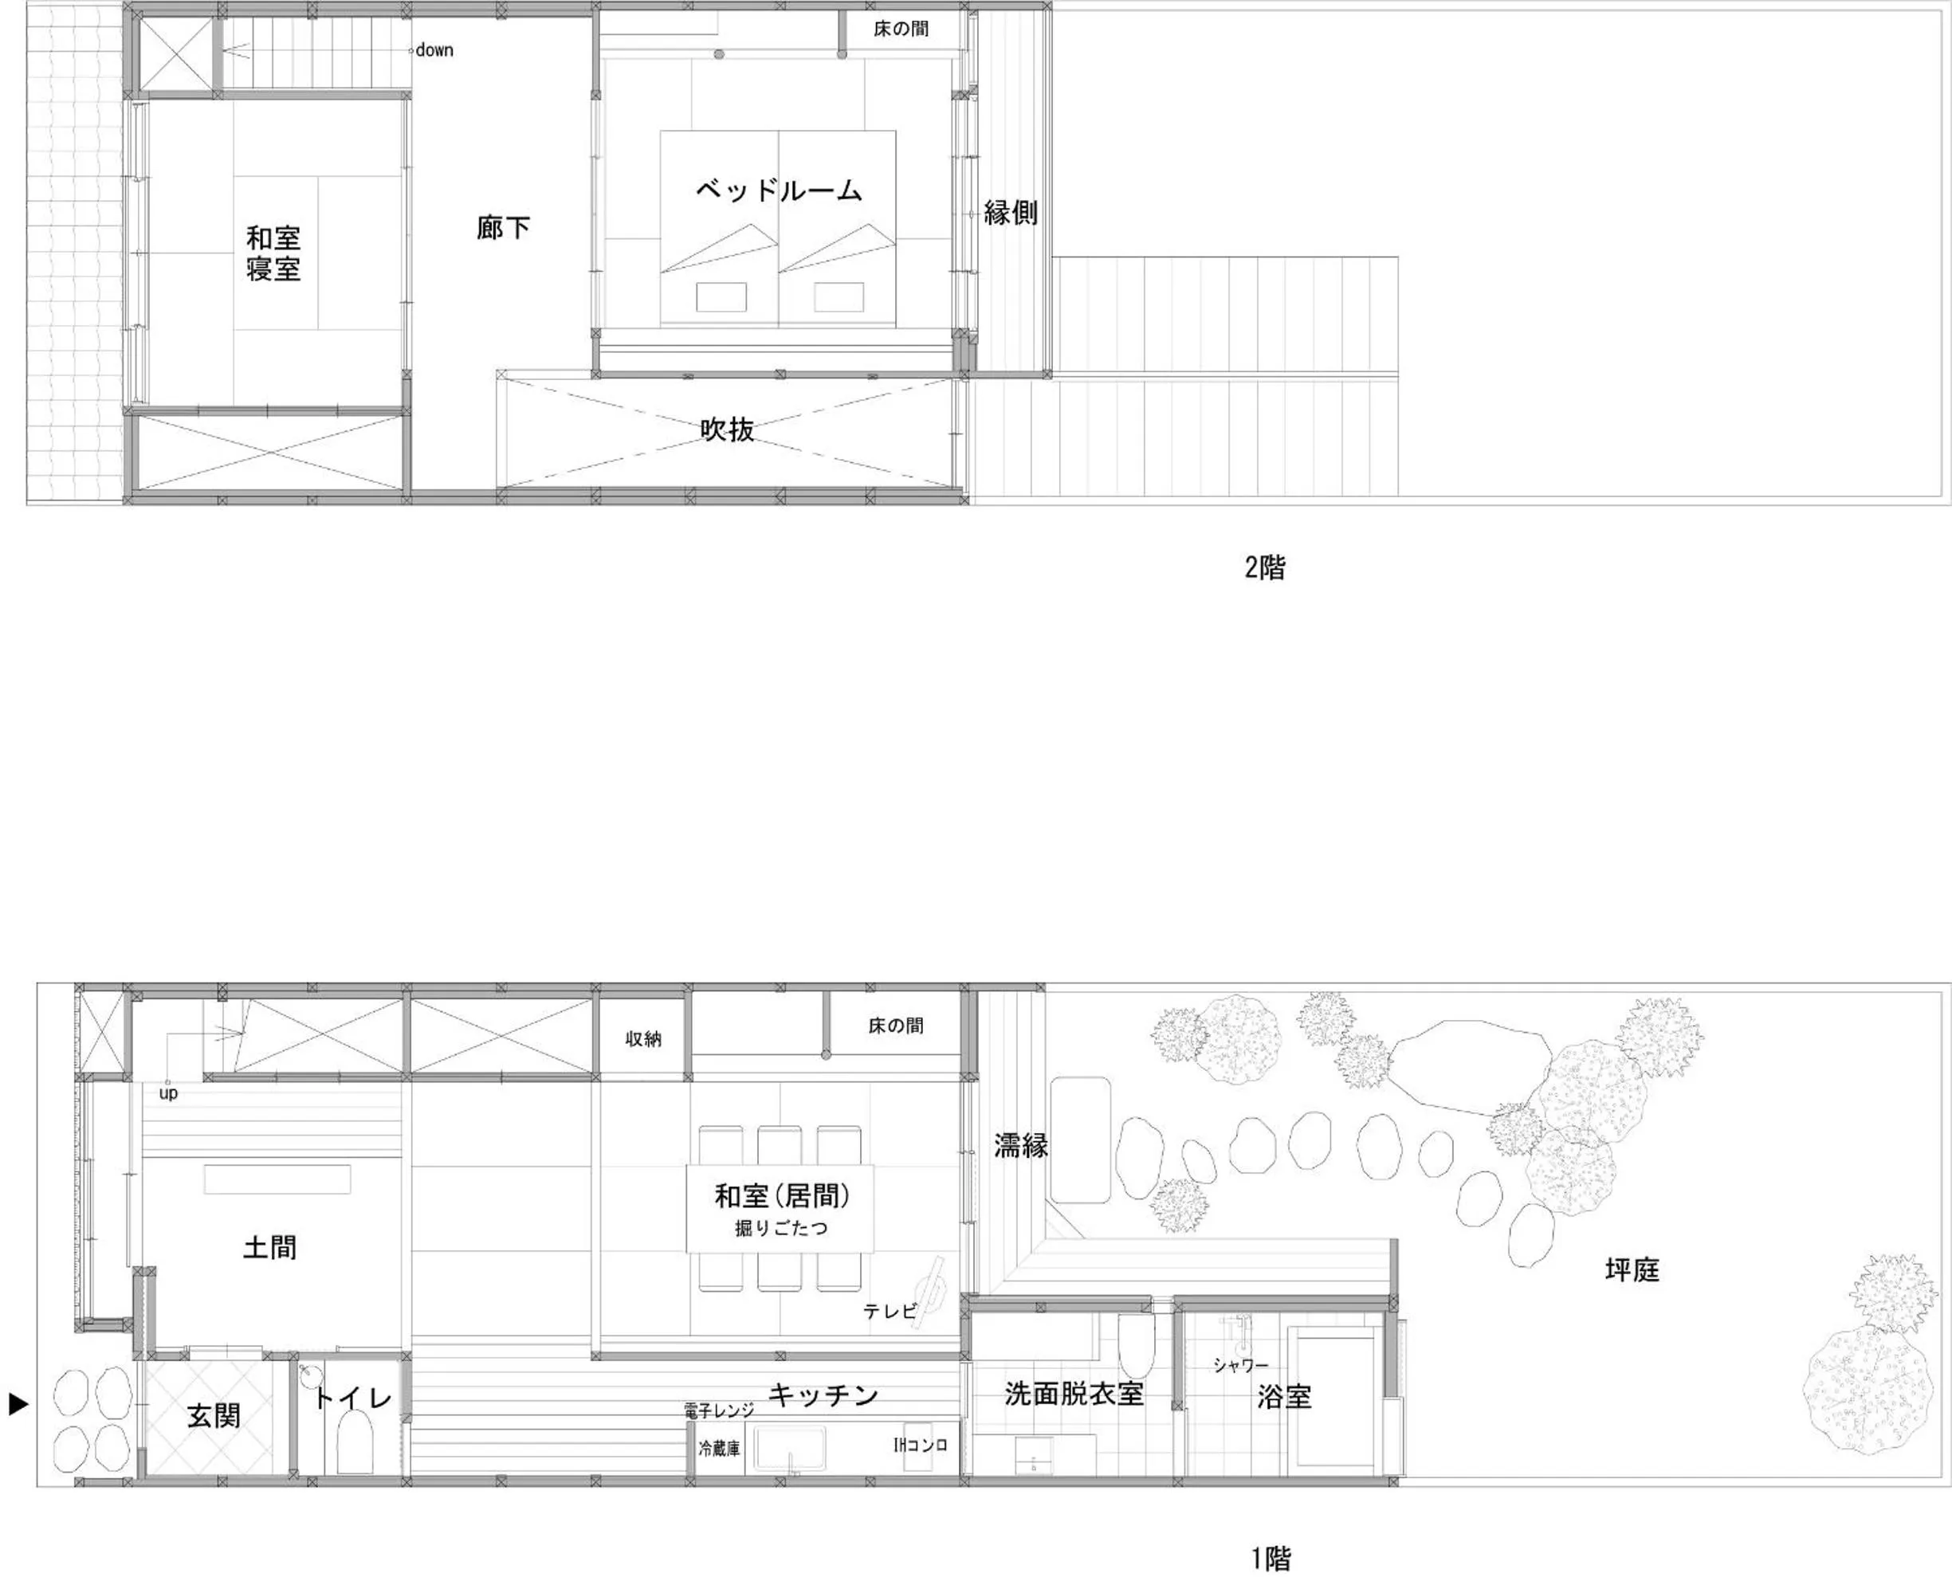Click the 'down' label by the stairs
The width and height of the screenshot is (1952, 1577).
click(x=434, y=51)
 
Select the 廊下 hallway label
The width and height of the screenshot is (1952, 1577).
click(x=502, y=227)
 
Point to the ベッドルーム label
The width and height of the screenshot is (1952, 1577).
click(x=779, y=190)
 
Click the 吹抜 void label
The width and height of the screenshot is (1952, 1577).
click(x=727, y=430)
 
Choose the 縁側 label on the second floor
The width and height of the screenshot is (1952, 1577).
click(x=1011, y=213)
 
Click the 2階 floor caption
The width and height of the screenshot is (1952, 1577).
click(x=1265, y=567)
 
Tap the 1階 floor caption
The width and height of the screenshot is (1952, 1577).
click(x=1271, y=1559)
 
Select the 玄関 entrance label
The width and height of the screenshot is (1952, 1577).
click(x=214, y=1415)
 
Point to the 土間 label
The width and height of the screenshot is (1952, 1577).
click(x=270, y=1247)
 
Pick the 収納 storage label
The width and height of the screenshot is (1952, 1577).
click(x=642, y=1039)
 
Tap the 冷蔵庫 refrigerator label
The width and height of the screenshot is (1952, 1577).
click(x=719, y=1448)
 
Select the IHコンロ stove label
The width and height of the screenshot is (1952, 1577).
click(x=920, y=1446)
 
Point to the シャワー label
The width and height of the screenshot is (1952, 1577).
click(x=1240, y=1365)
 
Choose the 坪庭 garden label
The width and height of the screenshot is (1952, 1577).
click(x=1632, y=1269)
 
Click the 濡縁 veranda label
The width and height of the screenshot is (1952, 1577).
click(x=1020, y=1146)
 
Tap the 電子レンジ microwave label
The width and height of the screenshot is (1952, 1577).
click(x=719, y=1410)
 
